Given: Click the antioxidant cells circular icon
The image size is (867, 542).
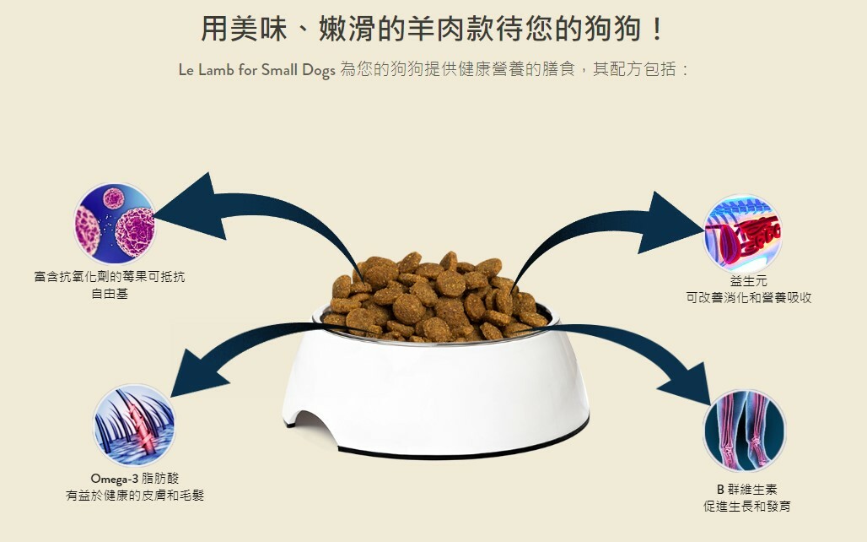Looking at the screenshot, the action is (x=115, y=222).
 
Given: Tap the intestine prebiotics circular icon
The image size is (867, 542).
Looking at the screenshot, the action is (x=742, y=234).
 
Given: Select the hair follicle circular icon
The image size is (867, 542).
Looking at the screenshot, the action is (x=134, y=425).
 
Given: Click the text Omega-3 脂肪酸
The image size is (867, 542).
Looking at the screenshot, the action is (x=135, y=478).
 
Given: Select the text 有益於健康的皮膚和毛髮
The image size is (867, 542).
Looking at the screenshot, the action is (x=135, y=495).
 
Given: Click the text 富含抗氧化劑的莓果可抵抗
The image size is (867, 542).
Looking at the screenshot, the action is (x=110, y=278).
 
